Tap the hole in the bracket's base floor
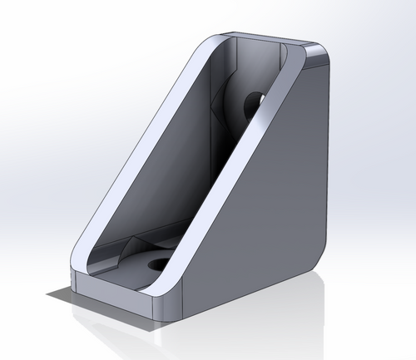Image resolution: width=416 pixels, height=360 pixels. pyautogui.click(x=157, y=264)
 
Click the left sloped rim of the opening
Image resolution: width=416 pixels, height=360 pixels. pyautogui.click(x=133, y=150)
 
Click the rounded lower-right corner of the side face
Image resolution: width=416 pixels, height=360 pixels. pyautogui.click(x=314, y=256)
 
